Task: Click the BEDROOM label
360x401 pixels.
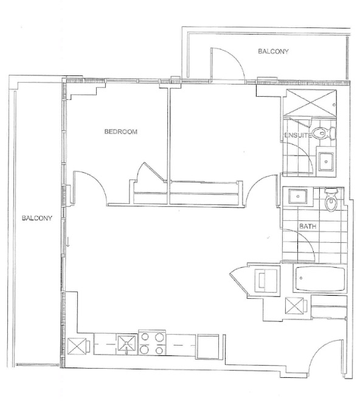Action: pyautogui.click(x=120, y=131)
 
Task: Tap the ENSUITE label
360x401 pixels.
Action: pyautogui.click(x=298, y=135)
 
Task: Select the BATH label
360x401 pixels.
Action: pyautogui.click(x=307, y=226)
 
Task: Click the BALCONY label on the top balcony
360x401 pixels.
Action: pyautogui.click(x=273, y=51)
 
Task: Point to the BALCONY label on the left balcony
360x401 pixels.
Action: pyautogui.click(x=37, y=218)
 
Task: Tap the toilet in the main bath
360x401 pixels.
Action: pyautogui.click(x=331, y=200)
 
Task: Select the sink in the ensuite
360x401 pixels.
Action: pyautogui.click(x=326, y=162)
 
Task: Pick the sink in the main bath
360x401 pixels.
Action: pyautogui.click(x=297, y=197)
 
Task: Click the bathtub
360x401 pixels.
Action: pyautogui.click(x=320, y=279)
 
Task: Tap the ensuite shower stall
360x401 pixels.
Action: pyautogui.click(x=310, y=103)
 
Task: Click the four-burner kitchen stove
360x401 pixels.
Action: pyautogui.click(x=152, y=343)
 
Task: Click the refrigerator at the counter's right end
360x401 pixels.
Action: pyautogui.click(x=208, y=346)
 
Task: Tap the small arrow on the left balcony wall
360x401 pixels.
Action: pyautogui.click(x=68, y=242)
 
